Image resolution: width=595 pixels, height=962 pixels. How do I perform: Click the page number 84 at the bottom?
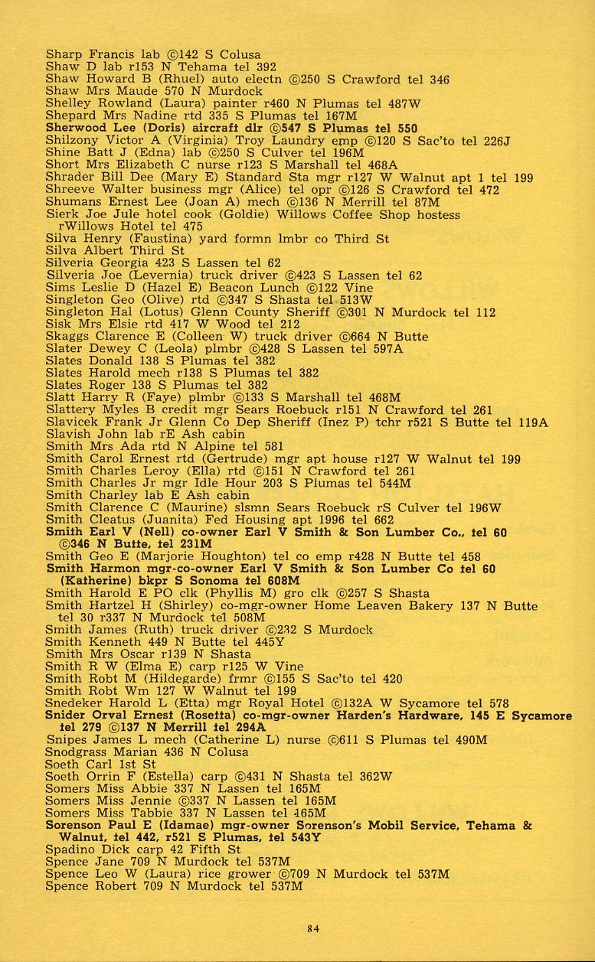tap(312, 928)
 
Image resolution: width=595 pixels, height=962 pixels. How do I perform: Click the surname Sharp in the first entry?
tap(64, 55)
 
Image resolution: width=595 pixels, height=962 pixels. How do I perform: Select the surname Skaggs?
tap(67, 337)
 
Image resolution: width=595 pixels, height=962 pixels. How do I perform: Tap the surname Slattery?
tap(71, 410)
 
